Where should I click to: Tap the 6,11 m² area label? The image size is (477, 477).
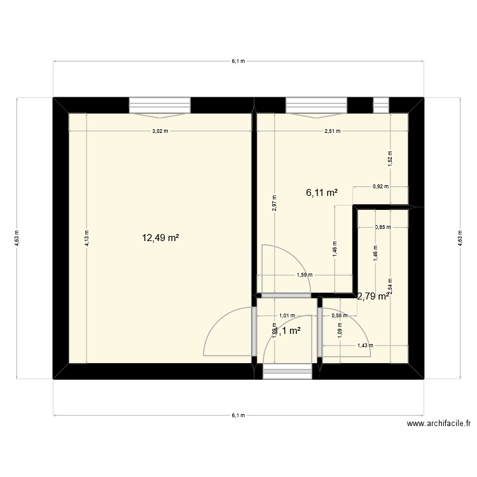click(321, 193)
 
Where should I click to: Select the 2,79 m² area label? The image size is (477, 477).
click(373, 296)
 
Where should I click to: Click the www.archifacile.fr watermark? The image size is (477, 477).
click(440, 424)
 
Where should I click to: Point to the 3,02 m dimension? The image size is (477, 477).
click(160, 131)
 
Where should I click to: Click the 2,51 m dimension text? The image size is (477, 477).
click(333, 131)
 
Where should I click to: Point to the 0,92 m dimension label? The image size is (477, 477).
click(380, 186)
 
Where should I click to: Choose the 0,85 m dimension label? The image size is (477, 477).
click(383, 227)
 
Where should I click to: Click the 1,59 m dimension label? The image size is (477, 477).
click(305, 275)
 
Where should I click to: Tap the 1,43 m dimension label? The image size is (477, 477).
click(364, 346)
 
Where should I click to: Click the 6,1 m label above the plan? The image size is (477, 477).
click(238, 61)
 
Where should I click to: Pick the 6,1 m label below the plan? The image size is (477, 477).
click(238, 416)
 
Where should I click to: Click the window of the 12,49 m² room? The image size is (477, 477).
click(160, 105)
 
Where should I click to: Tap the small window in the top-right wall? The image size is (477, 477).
click(381, 104)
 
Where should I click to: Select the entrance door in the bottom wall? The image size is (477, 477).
click(287, 373)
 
